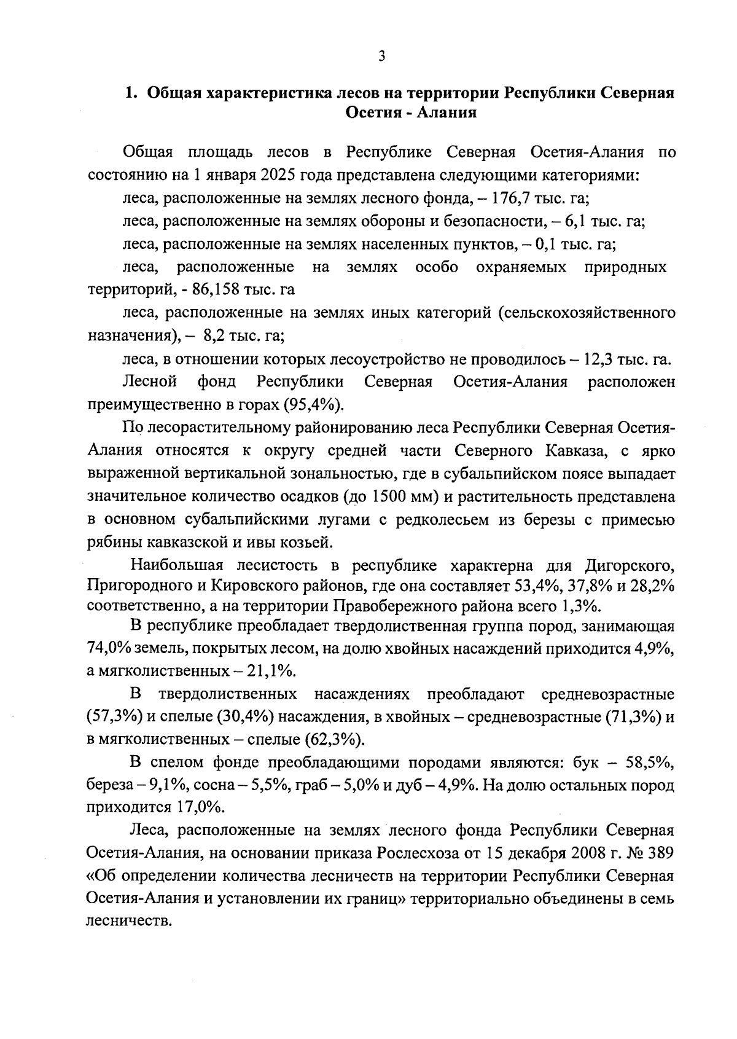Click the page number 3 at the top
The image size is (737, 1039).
click(381, 57)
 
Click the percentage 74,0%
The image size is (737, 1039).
click(111, 649)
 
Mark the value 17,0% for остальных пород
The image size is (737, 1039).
click(202, 806)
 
